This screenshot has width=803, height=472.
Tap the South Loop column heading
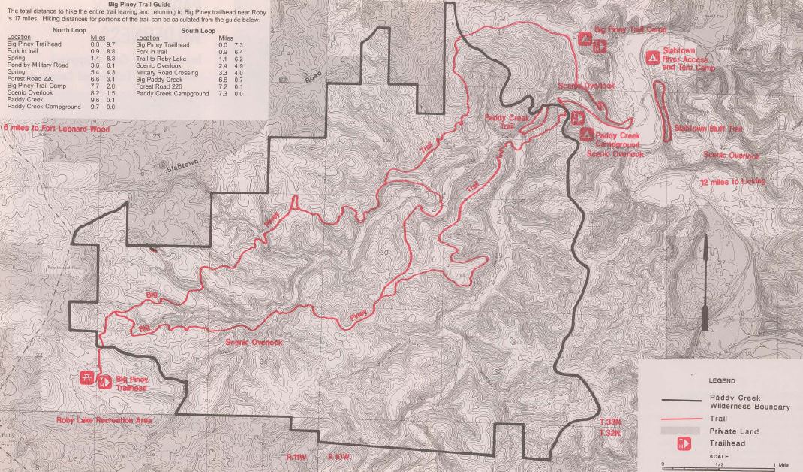click(197, 31)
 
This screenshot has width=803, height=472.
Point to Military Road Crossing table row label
click(167, 72)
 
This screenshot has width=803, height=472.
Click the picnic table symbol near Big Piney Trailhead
click(88, 378)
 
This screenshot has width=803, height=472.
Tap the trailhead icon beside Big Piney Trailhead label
click(105, 383)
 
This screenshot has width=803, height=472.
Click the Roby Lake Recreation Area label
click(104, 421)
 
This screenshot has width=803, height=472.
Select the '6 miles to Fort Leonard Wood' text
click(57, 129)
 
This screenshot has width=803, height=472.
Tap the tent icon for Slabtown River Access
click(652, 56)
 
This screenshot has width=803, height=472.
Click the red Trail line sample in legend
click(682, 419)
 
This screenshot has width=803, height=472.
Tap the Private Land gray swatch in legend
click(682, 431)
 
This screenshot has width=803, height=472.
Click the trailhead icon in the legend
click(682, 443)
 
